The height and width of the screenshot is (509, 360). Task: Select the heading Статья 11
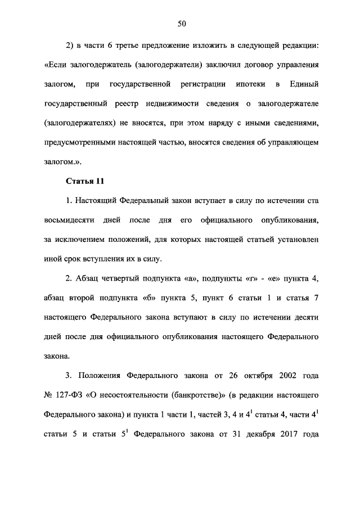tap(85, 181)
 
